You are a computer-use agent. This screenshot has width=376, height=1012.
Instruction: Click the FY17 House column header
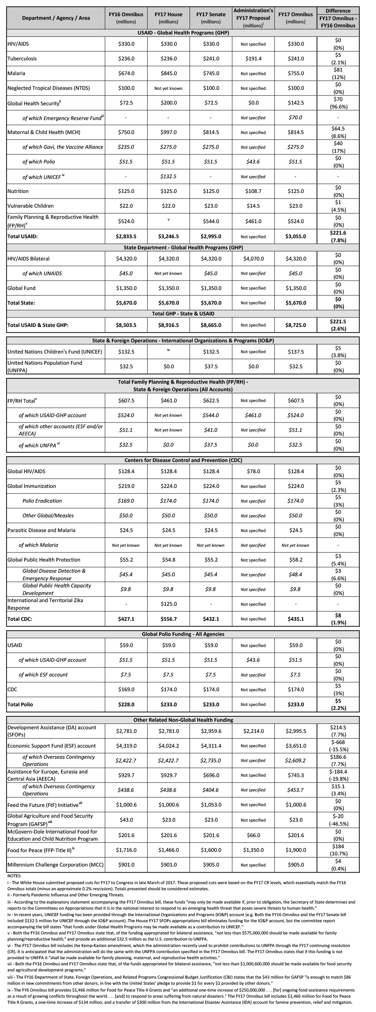click(x=168, y=18)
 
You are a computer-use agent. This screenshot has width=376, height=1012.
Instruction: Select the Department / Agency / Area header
click(x=56, y=18)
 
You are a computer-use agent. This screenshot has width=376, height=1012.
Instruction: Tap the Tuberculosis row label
click(x=22, y=59)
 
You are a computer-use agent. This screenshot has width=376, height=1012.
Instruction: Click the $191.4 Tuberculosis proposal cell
click(x=253, y=59)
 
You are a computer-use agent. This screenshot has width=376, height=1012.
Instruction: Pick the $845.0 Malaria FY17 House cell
click(x=168, y=73)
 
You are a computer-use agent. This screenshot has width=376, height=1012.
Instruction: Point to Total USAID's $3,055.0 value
click(x=296, y=236)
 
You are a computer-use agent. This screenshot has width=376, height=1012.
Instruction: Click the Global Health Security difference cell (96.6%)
click(x=338, y=103)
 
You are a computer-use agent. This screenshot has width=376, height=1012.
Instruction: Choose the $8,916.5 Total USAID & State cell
click(x=168, y=325)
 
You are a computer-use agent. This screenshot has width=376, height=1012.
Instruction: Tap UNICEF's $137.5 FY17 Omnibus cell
click(x=296, y=352)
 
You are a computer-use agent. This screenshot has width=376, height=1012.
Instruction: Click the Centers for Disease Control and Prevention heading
click(x=183, y=460)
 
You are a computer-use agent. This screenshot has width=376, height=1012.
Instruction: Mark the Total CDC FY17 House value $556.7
click(x=168, y=619)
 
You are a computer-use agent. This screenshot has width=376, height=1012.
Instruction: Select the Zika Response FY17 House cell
click(x=168, y=604)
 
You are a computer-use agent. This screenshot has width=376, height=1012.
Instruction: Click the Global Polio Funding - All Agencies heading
click(x=183, y=634)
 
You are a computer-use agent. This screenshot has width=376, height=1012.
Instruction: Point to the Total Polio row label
click(x=20, y=704)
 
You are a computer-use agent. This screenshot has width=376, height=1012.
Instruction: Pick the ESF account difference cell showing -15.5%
click(x=338, y=746)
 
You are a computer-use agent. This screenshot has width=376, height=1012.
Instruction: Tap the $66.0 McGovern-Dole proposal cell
click(x=253, y=835)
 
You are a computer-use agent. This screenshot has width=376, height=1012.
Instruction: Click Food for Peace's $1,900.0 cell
click(x=296, y=850)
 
